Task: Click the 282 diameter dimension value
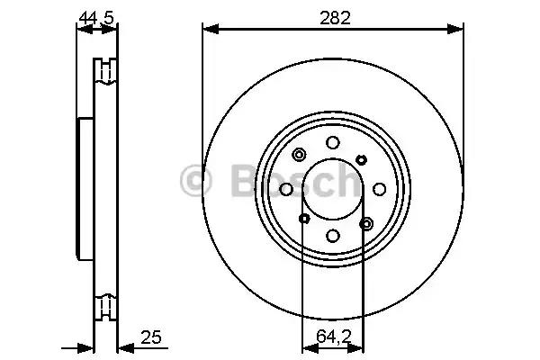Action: [x=335, y=18]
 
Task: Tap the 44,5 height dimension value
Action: [x=96, y=18]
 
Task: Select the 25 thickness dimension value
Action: [x=151, y=337]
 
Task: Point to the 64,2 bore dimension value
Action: [x=333, y=337]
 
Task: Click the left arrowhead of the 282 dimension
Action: [x=211, y=30]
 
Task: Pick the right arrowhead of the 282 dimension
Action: [x=454, y=30]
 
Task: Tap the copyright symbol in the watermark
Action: [x=195, y=181]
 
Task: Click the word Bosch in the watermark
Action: [x=296, y=181]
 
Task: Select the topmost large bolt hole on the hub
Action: [x=333, y=142]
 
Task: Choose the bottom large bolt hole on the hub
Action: [x=333, y=236]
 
